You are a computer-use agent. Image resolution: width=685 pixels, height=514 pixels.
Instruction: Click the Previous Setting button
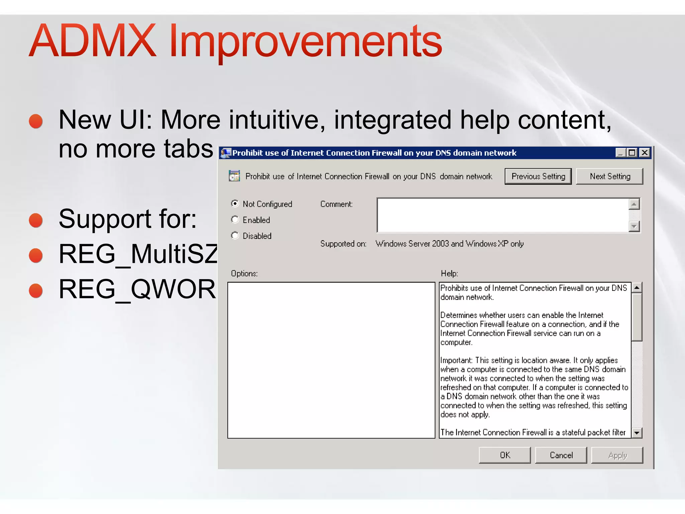tap(538, 176)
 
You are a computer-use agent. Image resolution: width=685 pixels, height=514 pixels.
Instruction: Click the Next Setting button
tap(609, 176)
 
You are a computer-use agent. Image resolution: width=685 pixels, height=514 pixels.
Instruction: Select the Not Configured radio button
tap(235, 203)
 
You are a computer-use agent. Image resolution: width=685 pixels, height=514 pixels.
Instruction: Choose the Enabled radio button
tap(235, 220)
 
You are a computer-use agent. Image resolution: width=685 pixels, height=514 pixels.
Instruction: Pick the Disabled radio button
tap(235, 236)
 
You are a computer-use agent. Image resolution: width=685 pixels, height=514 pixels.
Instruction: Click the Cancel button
tap(561, 455)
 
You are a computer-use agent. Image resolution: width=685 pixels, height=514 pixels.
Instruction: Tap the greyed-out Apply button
tap(617, 455)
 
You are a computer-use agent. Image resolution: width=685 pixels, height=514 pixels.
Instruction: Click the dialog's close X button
tap(645, 153)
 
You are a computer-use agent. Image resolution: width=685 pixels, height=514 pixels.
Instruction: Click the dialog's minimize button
tap(621, 153)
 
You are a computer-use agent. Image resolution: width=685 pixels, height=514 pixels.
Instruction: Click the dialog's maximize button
tap(632, 153)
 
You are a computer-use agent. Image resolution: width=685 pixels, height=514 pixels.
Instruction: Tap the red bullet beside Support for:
tap(36, 220)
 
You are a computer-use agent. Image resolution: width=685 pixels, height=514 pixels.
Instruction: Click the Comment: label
tap(336, 204)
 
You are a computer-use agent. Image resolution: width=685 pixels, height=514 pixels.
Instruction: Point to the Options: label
tap(244, 273)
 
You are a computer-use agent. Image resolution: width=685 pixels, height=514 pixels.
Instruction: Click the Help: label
tap(449, 273)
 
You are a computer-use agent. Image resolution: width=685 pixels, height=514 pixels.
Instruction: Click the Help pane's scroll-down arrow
tap(637, 433)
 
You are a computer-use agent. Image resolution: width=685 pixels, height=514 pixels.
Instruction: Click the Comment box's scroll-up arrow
tap(634, 204)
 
